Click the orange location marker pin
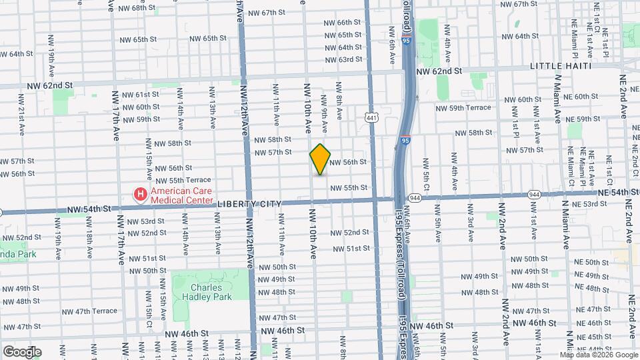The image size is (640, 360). coord(321,159)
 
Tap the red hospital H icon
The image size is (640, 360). coord(141,194)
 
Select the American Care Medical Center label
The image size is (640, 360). coord(182,195)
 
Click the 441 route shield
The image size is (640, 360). coord(371,118)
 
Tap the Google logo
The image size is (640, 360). coord(21,351)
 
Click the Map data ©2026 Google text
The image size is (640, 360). coord(599,354)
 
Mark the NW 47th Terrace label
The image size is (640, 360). coord(90,311)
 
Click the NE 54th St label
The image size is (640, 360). coord(619,192)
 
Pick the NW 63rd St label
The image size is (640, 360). coord(345,59)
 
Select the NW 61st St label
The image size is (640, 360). coord(138,94)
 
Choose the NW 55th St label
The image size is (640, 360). coord(348,187)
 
